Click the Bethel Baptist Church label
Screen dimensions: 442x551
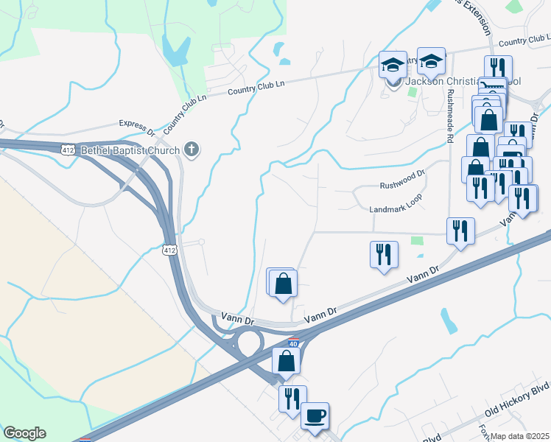130,151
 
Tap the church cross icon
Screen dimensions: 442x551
192,150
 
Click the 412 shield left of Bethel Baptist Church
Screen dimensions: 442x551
69,150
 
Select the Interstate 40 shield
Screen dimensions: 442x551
294,343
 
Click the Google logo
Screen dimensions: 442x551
24,433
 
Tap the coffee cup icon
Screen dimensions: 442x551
315,415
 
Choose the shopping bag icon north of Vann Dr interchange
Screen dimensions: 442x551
284,283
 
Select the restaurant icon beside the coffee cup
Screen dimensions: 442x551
292,399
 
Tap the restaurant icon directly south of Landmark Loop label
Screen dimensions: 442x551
385,255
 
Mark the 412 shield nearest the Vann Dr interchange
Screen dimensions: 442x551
169,250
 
